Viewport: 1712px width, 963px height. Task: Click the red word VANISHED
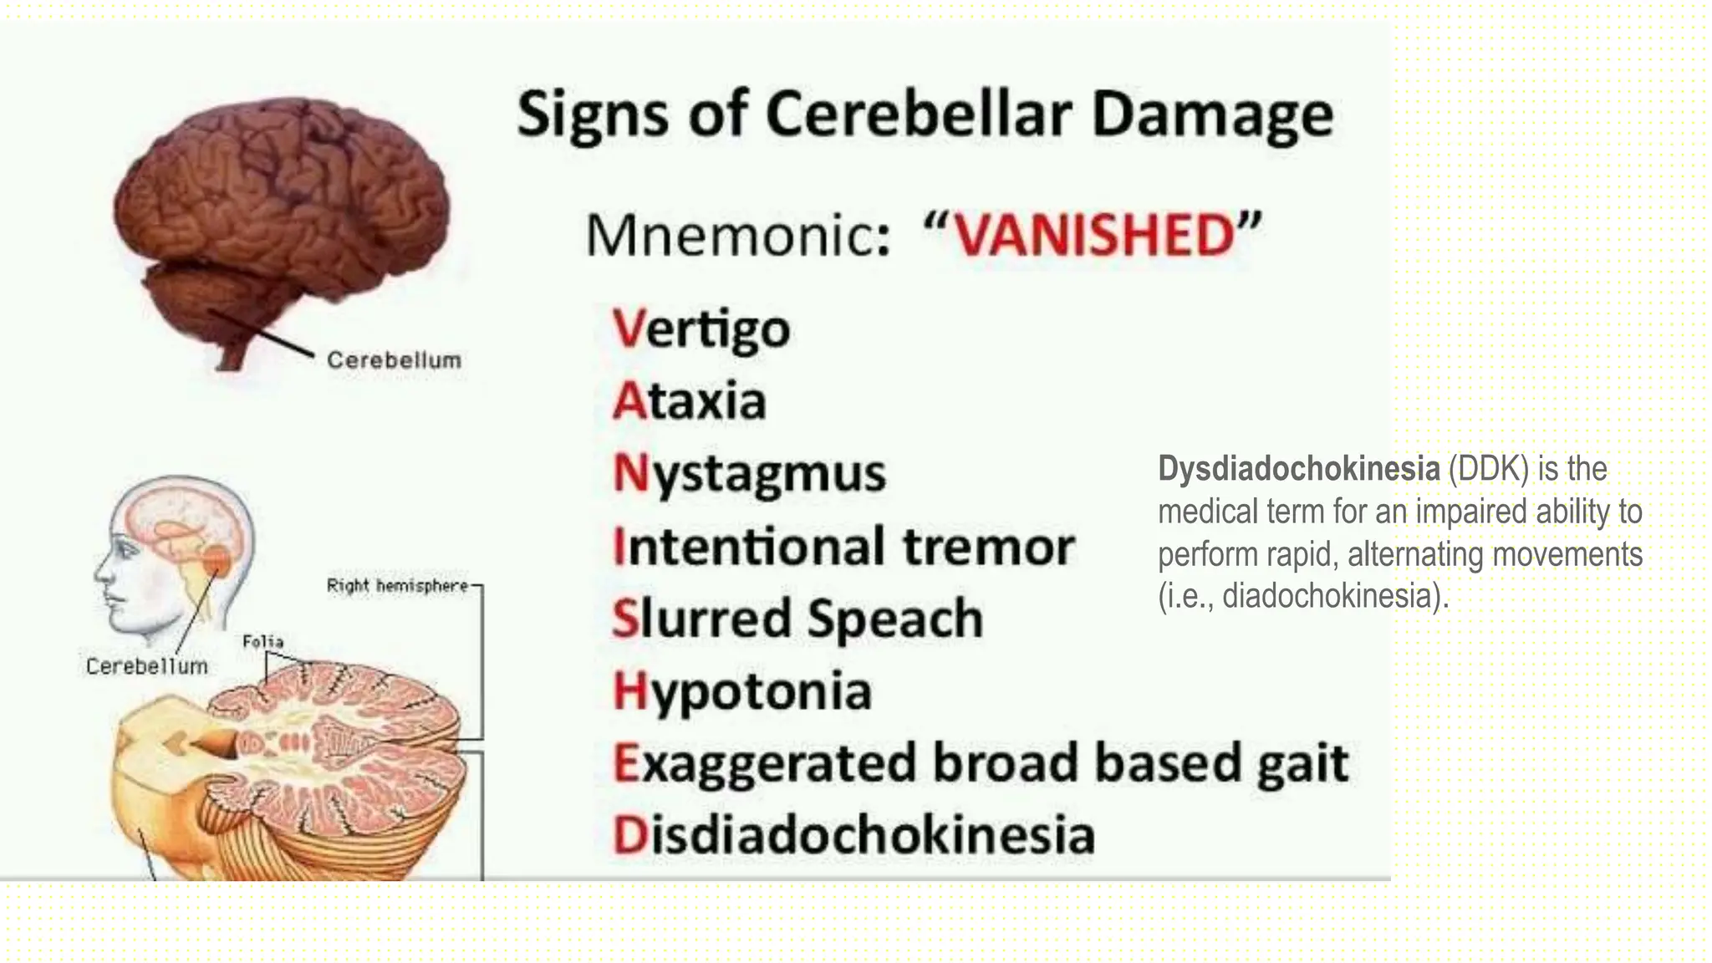click(1094, 236)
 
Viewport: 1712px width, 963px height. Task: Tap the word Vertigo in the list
click(701, 329)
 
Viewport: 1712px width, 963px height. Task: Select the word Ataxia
click(690, 401)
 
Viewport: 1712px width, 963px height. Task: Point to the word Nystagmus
click(749, 474)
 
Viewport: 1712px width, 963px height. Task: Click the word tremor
click(988, 547)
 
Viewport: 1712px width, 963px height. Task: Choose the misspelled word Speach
click(895, 619)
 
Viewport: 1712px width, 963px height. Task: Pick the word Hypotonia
click(742, 692)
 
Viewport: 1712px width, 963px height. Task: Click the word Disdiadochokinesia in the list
click(853, 836)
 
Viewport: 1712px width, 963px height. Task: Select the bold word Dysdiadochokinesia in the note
click(1298, 469)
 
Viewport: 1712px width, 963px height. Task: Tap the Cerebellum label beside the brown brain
click(394, 360)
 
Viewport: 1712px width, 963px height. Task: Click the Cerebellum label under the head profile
click(147, 666)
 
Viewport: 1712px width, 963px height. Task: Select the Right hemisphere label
click(397, 586)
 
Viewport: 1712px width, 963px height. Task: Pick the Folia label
click(262, 641)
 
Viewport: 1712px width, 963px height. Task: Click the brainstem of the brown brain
click(231, 356)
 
